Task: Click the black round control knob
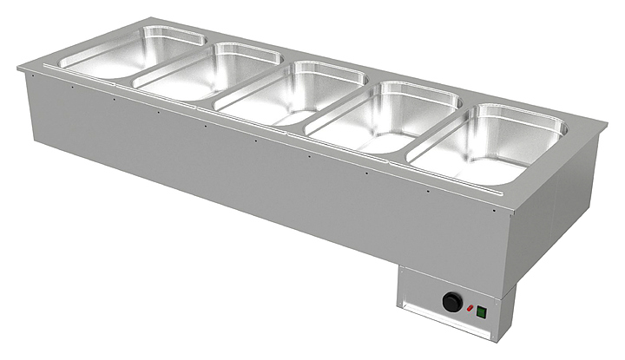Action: click(453, 302)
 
